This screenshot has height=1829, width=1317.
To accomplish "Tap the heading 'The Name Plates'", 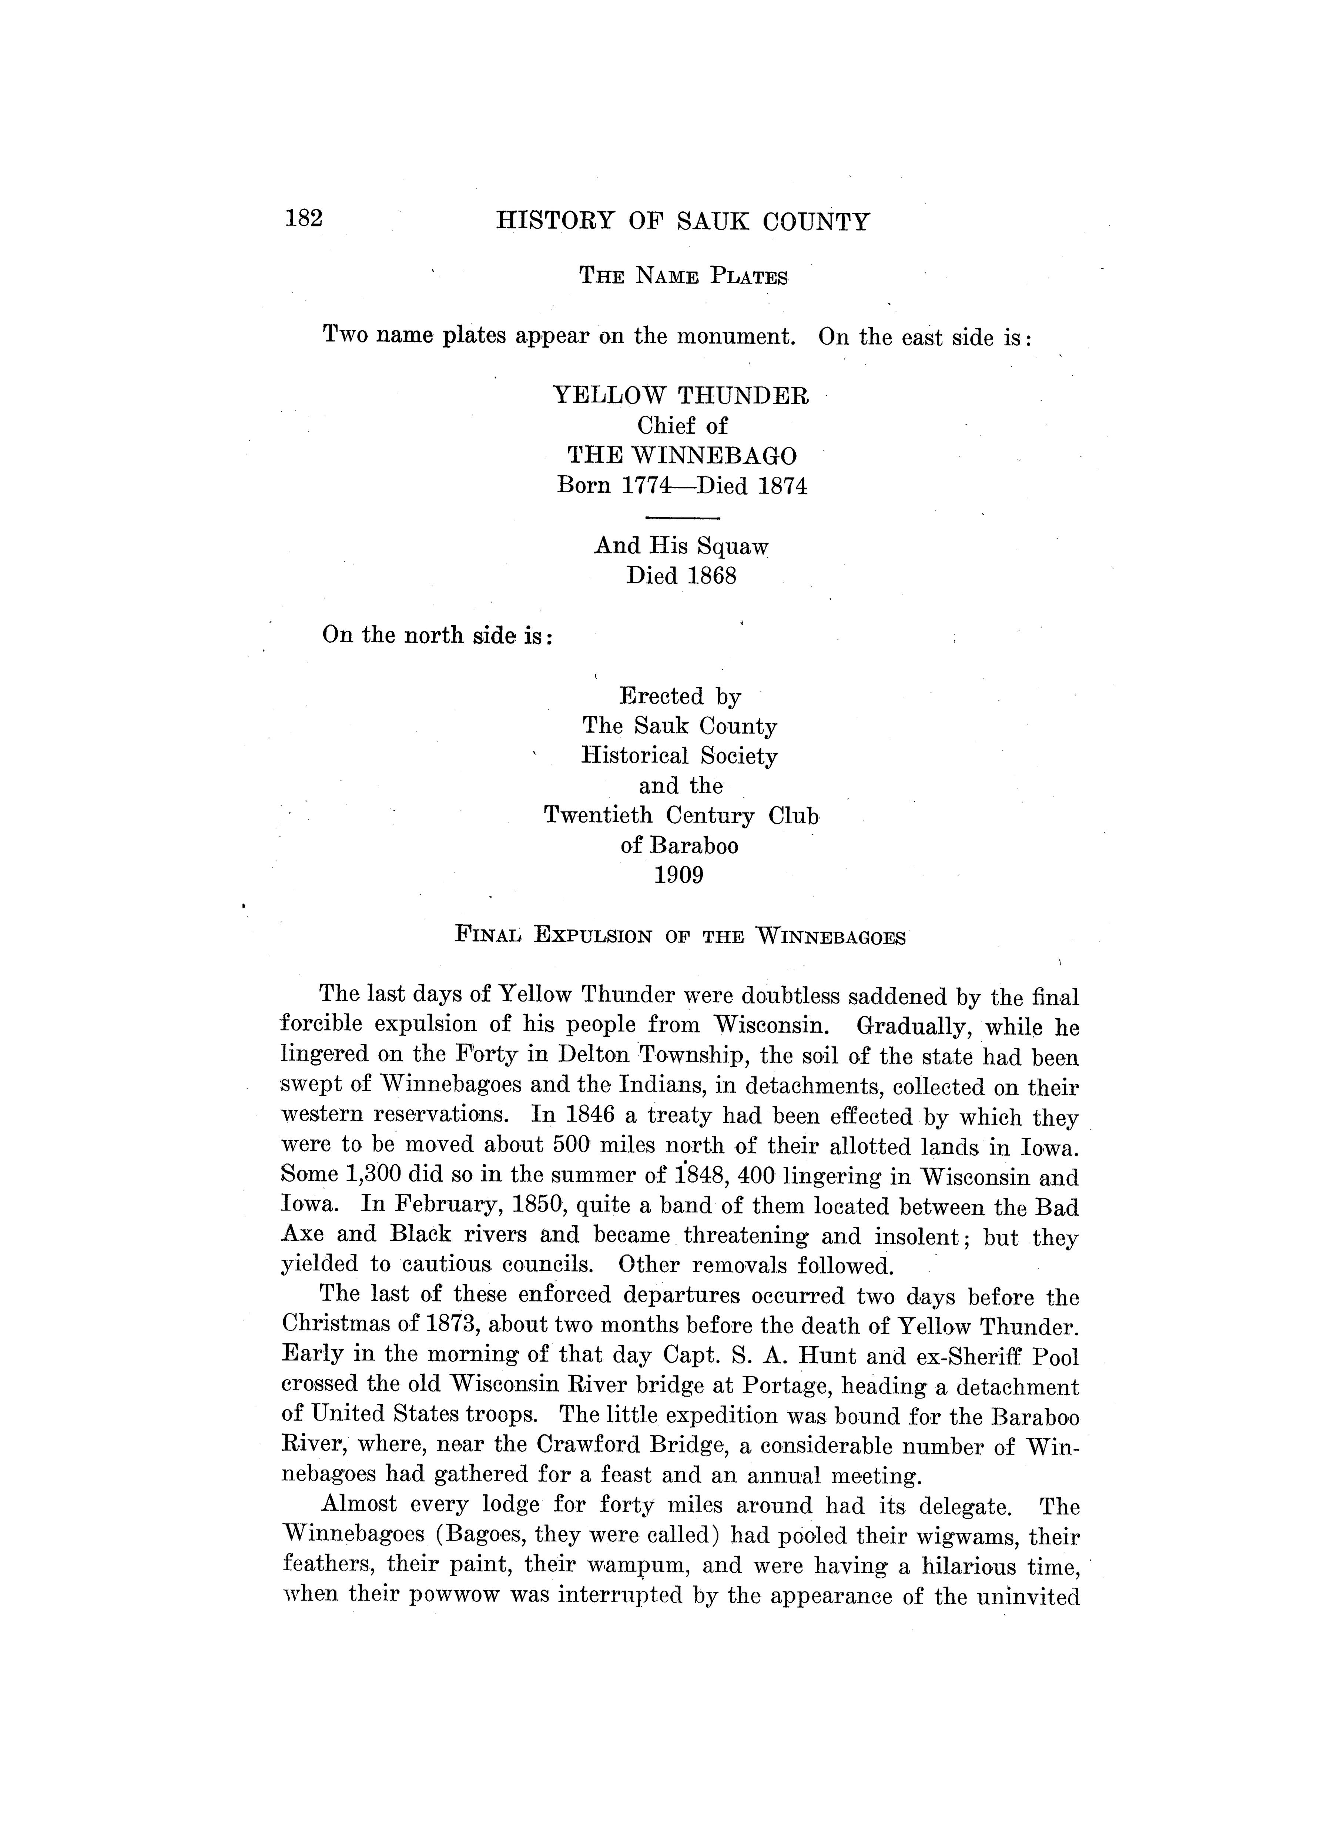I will click(x=683, y=277).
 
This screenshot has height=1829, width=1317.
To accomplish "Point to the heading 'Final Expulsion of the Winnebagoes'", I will click(x=680, y=936).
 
